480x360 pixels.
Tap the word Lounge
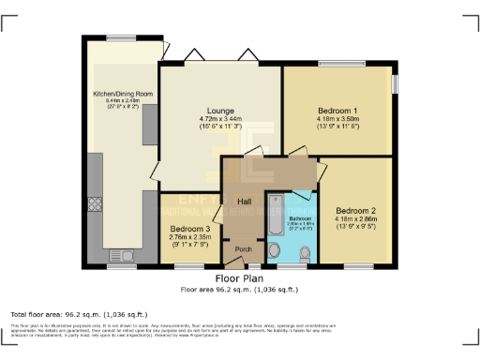[x=220, y=110]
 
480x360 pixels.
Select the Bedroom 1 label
[x=337, y=110]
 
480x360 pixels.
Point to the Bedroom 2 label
[x=355, y=210]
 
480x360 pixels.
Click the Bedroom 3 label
[x=189, y=228]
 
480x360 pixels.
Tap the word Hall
[x=244, y=202]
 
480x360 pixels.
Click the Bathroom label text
[x=301, y=217]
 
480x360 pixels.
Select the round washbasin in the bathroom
[x=274, y=250]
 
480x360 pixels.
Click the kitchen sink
[x=120, y=256]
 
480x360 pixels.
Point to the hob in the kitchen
[x=95, y=203]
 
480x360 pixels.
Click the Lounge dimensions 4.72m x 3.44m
[x=220, y=119]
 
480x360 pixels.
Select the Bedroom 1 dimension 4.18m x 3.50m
[x=337, y=119]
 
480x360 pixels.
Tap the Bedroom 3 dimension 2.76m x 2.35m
[x=189, y=238]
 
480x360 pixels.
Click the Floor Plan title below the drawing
[x=240, y=279]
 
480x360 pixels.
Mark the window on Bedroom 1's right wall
[x=394, y=82]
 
